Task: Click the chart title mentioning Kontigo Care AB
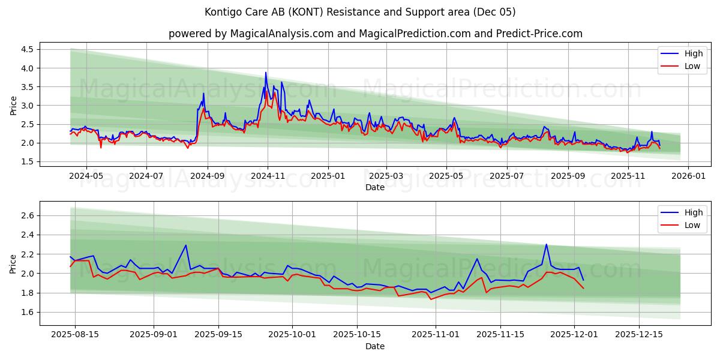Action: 360,12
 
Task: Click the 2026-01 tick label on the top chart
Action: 688,176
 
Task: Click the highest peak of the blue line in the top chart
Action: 266,73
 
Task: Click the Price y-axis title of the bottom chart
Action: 13,263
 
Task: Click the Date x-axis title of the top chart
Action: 375,187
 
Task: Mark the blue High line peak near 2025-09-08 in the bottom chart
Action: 186,245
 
